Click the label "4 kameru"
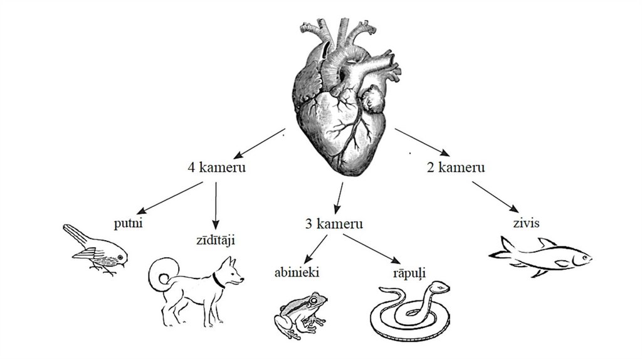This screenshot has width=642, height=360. click(x=216, y=167)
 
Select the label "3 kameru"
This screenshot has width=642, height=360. click(x=334, y=224)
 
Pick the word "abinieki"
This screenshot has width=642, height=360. click(x=298, y=273)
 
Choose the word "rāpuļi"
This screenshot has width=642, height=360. click(x=409, y=272)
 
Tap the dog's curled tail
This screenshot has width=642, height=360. click(x=161, y=272)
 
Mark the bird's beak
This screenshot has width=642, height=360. click(x=125, y=264)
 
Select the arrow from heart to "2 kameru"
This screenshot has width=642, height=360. click(x=421, y=142)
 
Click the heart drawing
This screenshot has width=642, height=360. click(x=345, y=100)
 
